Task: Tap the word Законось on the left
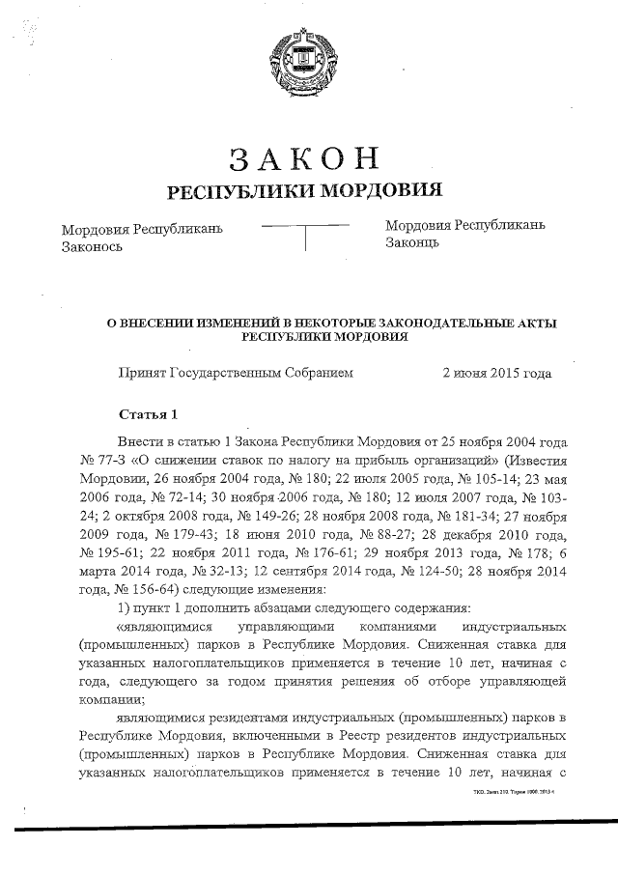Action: [x=91, y=246]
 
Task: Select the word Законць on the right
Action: [x=412, y=241]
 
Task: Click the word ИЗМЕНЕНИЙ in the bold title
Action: [x=237, y=324]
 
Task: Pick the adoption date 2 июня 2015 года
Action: [x=496, y=371]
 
